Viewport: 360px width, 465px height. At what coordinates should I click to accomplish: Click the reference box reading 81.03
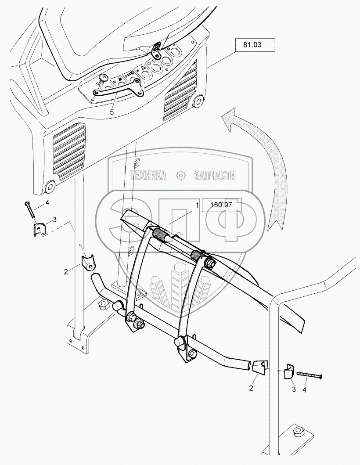tap(255, 45)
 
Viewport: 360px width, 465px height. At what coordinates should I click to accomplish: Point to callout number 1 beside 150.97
tap(198, 205)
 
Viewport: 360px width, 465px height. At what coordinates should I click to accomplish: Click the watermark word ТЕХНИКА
tap(149, 176)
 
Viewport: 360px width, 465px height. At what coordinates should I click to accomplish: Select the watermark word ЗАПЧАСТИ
tap(215, 176)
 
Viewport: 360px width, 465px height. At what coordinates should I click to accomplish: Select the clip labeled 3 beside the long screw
tap(289, 371)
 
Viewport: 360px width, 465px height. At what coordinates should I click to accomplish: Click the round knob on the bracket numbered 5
tap(104, 79)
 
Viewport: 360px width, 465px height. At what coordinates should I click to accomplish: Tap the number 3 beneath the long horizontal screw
tap(293, 389)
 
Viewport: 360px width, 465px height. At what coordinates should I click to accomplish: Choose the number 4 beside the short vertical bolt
tap(47, 204)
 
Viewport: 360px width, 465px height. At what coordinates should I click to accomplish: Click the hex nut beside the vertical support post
tap(104, 304)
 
